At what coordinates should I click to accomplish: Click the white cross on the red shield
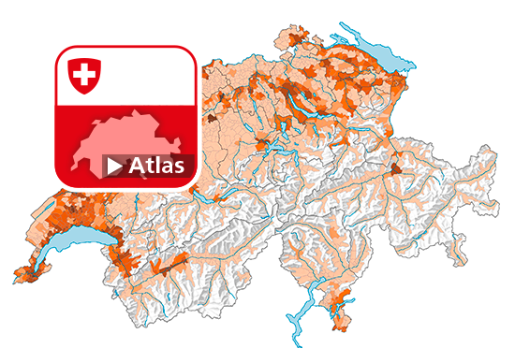click(84, 73)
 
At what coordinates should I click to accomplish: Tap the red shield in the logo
click(84, 74)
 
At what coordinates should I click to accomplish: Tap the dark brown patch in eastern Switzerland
click(397, 169)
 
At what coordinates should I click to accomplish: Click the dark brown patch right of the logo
click(213, 120)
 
